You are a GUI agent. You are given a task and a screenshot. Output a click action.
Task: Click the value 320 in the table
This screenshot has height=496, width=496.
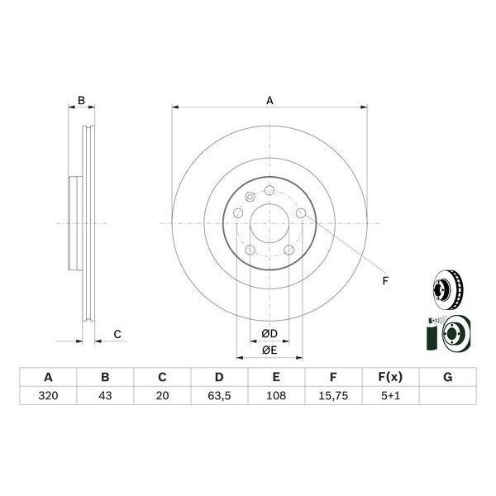coord(48,396)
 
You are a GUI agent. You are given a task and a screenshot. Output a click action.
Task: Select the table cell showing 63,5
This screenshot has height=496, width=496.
coord(217,396)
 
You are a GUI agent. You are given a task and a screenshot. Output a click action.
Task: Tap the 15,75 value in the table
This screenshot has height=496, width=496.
coord(333,396)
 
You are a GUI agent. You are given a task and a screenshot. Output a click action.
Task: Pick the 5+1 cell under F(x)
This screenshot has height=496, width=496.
coord(391,396)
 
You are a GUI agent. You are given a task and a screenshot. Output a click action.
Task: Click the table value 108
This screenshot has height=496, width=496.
coord(277,396)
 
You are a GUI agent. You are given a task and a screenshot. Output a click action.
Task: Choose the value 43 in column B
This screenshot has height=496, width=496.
coord(105,396)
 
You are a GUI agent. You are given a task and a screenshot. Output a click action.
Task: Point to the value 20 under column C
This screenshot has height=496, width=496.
coord(162,396)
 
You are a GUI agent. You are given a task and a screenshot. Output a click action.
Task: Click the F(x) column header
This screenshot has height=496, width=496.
coord(391,377)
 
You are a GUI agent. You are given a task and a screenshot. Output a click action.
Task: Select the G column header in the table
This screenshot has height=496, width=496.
coord(447,377)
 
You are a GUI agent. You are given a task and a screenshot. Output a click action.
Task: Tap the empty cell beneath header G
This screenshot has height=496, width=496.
coord(447,396)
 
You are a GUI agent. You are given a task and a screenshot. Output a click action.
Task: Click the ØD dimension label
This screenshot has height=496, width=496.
coord(269,333)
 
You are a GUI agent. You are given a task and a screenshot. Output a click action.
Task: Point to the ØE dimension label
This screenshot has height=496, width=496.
coord(269,351)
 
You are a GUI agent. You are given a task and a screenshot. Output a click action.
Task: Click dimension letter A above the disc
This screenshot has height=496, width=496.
coord(269,101)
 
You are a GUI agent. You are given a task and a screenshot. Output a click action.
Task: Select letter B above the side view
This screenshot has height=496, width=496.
coord(81,101)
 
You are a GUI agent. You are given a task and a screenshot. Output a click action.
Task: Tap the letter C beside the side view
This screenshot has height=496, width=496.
coord(117,334)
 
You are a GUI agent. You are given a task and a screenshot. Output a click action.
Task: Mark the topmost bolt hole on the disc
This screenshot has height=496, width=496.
coord(269,192)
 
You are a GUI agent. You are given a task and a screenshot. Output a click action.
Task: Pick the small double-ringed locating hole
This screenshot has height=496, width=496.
coord(250,196)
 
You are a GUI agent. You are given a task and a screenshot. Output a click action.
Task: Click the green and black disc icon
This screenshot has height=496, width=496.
coord(445,335)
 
